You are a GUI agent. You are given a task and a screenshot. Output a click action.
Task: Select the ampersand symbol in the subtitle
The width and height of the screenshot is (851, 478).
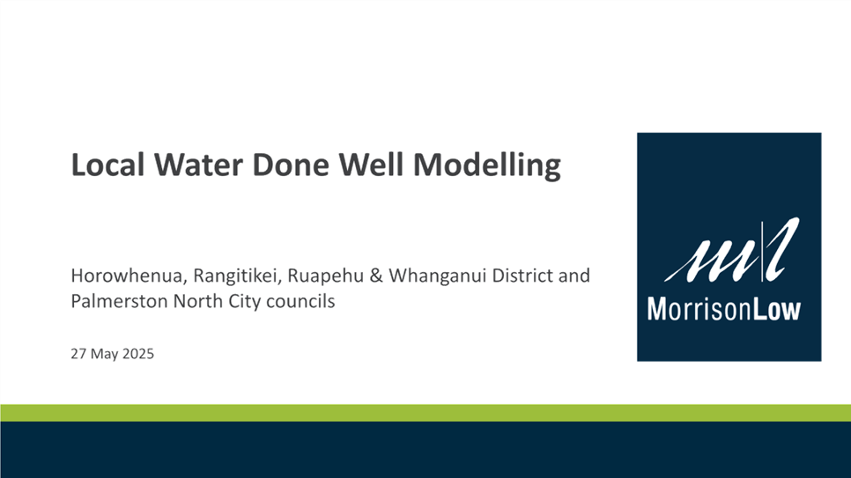[376, 276]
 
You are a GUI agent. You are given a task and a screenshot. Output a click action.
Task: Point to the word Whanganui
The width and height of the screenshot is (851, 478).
[438, 276]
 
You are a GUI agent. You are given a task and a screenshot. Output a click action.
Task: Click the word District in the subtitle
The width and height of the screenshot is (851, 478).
[522, 276]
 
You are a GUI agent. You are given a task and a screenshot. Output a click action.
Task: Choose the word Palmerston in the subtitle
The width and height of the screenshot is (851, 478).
[120, 301]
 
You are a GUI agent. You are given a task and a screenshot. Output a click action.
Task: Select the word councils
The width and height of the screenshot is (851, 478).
[300, 301]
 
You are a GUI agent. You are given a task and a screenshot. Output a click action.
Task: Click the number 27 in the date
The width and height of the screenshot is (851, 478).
[78, 354]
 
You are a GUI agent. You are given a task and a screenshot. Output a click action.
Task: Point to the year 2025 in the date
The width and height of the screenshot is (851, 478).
[137, 354]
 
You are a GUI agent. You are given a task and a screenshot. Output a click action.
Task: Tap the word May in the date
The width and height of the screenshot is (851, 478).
[105, 355]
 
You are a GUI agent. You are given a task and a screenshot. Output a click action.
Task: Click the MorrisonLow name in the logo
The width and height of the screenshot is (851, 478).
[724, 309]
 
